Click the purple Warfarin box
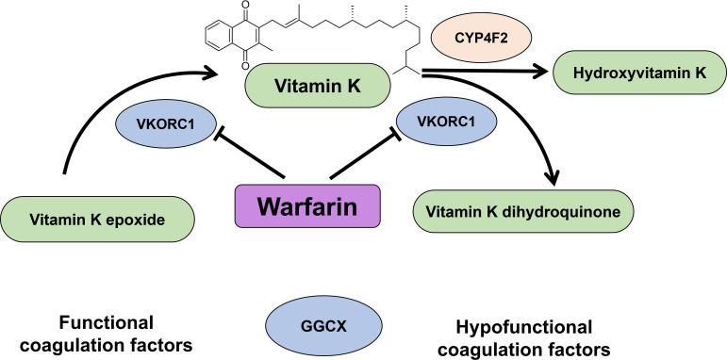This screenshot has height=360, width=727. tap(307, 205)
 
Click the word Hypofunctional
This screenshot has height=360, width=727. tap(524, 326)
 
